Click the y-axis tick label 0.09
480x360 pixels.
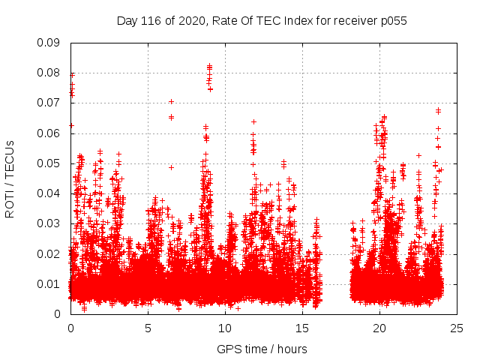[x=50, y=43]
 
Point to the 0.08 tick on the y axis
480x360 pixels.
[x=50, y=73]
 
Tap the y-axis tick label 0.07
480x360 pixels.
[x=50, y=103]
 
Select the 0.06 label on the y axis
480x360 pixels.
[x=50, y=133]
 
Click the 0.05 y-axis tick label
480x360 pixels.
[x=50, y=163]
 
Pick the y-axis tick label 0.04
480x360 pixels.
[x=50, y=193]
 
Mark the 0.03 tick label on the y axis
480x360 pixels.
[x=50, y=223]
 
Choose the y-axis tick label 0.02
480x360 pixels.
[x=50, y=253]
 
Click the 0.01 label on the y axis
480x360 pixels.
[x=50, y=283]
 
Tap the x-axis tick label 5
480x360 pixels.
[x=148, y=328]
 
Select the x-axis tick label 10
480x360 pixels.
[x=225, y=328]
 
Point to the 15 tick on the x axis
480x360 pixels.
[x=302, y=328]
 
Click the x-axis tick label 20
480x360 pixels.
[x=379, y=328]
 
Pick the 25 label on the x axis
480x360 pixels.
[x=457, y=328]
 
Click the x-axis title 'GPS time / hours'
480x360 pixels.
[x=262, y=349]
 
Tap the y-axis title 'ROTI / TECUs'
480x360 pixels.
[x=10, y=178]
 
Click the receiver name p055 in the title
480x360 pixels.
[x=392, y=21]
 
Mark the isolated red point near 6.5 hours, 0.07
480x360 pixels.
[x=171, y=101]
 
